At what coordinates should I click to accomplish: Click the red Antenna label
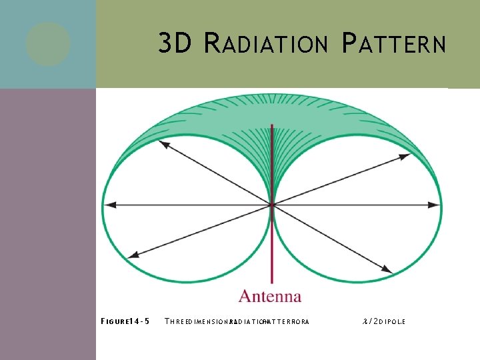(x=270, y=297)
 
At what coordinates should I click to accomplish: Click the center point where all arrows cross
(x=271, y=205)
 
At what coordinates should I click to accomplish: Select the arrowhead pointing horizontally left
(x=111, y=205)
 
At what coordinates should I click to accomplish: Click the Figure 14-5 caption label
(x=125, y=321)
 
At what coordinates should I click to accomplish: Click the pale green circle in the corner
(x=48, y=44)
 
